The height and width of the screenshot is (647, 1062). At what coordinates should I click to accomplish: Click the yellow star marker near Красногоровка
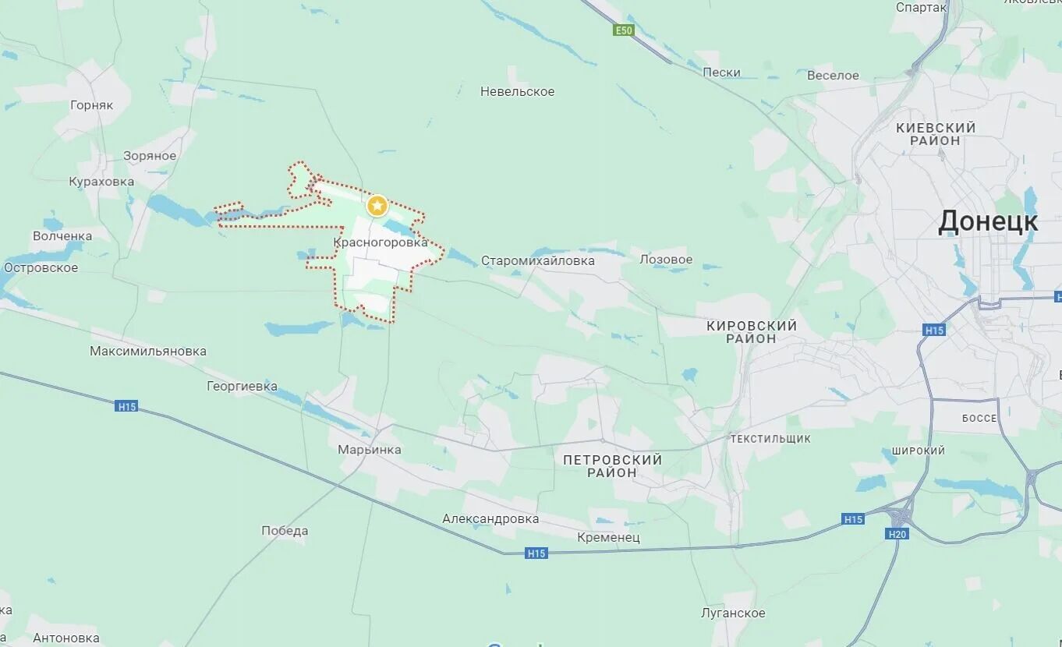377,206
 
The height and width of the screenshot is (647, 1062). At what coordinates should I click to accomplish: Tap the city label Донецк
987,221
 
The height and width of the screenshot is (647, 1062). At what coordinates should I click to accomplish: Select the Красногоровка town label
381,242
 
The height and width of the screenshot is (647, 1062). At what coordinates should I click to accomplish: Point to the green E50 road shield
623,30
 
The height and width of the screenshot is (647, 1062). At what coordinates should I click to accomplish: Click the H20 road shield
897,534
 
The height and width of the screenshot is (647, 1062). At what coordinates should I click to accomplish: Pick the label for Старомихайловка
537,260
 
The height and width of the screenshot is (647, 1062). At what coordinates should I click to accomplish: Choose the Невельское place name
517,91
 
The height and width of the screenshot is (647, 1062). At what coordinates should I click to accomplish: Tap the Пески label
721,72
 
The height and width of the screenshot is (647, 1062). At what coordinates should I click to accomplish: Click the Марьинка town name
370,449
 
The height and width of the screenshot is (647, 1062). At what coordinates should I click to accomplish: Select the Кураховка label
101,182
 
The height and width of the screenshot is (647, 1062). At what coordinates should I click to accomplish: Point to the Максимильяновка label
148,351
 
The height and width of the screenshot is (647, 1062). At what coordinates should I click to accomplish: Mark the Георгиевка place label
242,386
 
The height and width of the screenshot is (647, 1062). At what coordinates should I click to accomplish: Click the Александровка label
490,518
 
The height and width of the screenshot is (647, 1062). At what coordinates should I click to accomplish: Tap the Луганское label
733,613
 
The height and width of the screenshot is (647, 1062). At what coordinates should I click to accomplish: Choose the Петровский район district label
612,465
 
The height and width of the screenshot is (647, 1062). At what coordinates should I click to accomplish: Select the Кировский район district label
752,331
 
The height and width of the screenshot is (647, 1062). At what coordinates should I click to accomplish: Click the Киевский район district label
936,133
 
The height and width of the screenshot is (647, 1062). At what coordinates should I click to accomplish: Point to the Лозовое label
666,259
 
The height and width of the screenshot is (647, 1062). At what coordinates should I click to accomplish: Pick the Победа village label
285,531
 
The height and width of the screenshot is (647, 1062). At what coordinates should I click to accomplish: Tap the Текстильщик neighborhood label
770,439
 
